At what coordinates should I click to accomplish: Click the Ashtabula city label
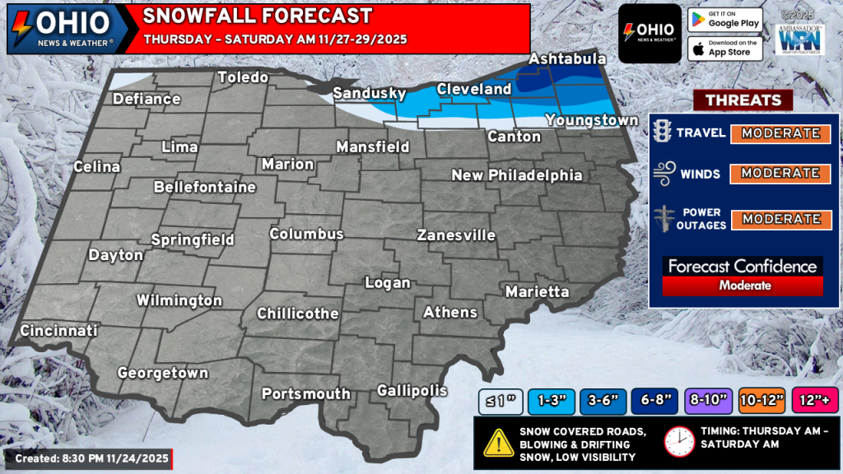tap(567, 59)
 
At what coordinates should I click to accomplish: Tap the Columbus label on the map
tap(306, 235)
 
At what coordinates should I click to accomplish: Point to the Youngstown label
tap(591, 121)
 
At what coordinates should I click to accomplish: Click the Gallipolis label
tap(412, 390)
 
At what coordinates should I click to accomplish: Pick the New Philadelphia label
tap(516, 175)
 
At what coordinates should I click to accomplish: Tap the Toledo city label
tap(243, 78)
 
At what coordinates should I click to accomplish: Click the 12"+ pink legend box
tap(815, 400)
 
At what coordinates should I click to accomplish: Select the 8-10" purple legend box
tap(710, 400)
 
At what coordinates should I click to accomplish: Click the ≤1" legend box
tap(499, 400)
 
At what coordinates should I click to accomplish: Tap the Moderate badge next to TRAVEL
tap(780, 133)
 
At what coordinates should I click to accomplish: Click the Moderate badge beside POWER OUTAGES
tap(780, 219)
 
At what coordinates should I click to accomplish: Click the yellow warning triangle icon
tap(499, 444)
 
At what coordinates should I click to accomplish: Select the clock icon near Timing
tap(679, 442)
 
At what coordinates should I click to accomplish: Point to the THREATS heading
tap(743, 100)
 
